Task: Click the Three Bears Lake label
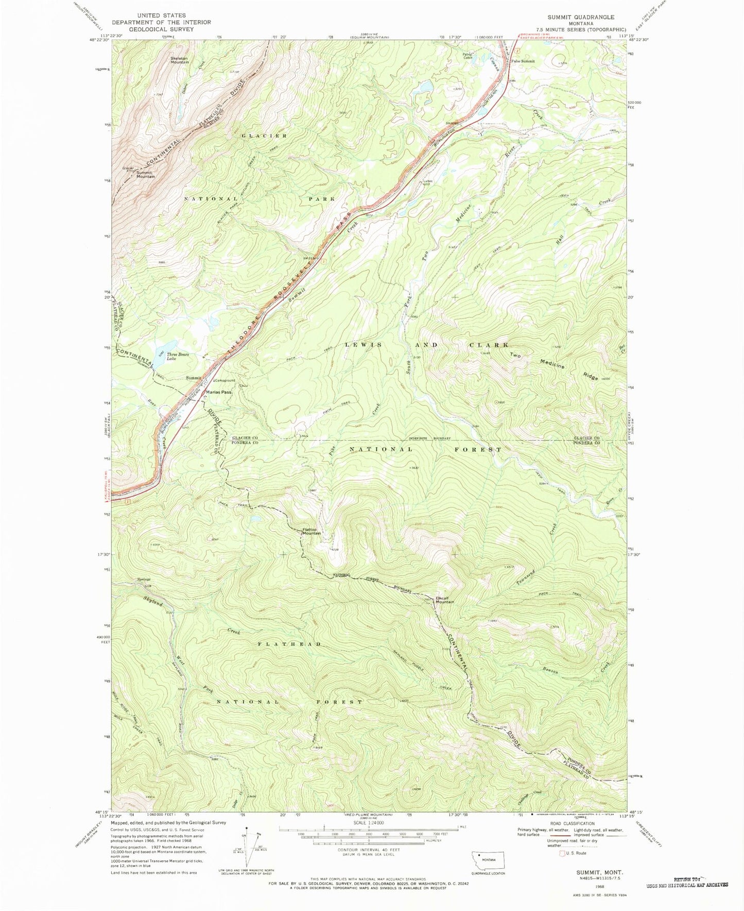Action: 178,357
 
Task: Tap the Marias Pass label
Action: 219,392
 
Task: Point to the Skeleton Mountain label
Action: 180,60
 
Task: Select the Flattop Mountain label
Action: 312,531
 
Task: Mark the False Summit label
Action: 523,61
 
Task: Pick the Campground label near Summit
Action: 225,380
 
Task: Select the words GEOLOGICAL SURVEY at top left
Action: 161,29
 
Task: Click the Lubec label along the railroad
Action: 428,181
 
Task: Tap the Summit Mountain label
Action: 145,174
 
